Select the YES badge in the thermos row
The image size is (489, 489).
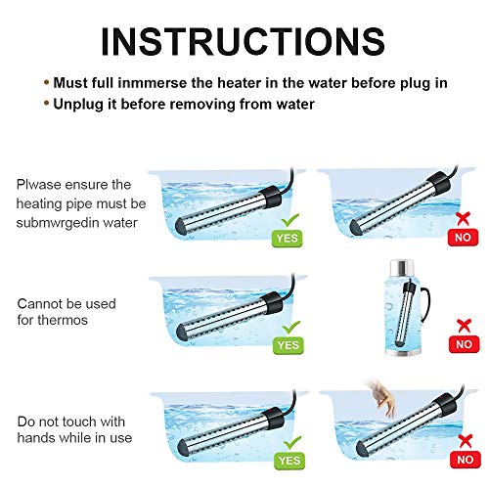(x=289, y=345)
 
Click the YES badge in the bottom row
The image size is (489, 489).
(x=289, y=459)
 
